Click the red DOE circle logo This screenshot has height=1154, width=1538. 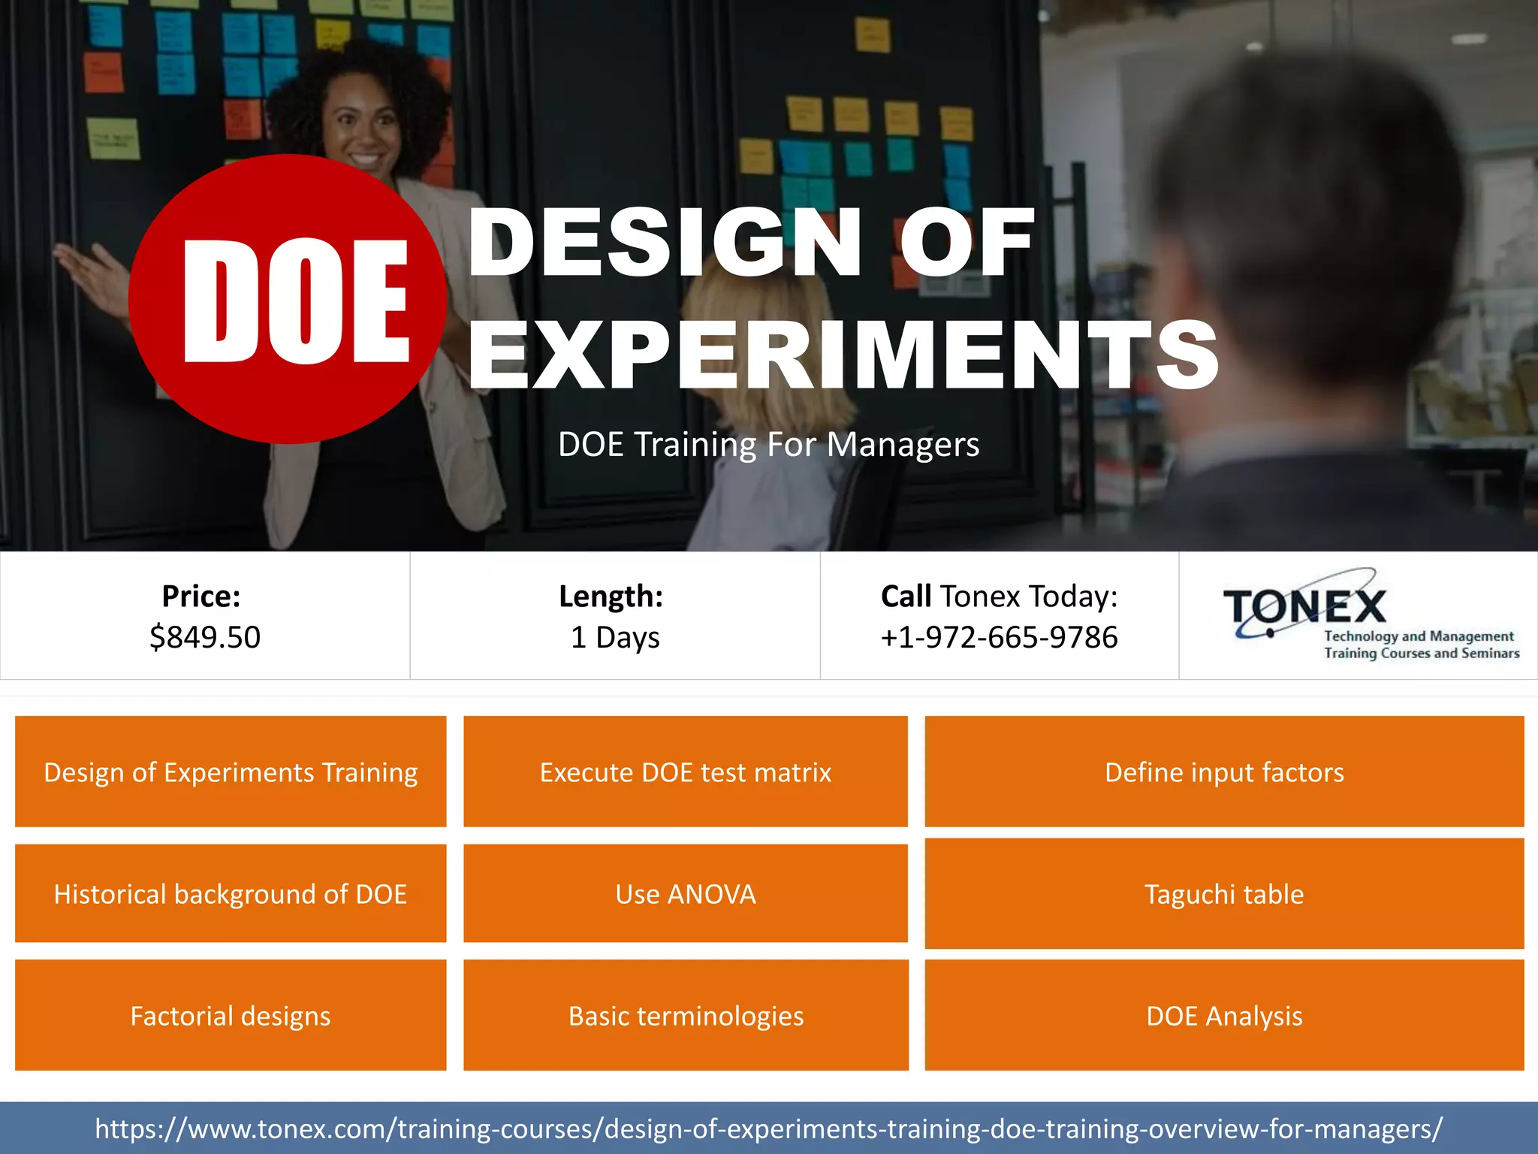(x=288, y=299)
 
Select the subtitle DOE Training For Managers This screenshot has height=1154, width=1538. (x=768, y=444)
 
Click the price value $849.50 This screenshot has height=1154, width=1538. (x=205, y=637)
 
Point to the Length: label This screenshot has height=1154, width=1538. (x=611, y=596)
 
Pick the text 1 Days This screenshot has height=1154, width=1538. (x=615, y=637)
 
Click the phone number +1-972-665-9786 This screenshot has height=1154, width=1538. (x=999, y=637)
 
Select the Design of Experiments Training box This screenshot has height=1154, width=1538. (x=231, y=772)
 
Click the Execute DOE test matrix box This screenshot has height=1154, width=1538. (x=686, y=772)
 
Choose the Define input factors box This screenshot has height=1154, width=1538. (x=1224, y=772)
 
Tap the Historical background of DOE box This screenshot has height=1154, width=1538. (x=231, y=893)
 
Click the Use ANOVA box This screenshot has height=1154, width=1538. (x=686, y=893)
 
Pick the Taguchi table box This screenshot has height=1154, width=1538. (x=1224, y=893)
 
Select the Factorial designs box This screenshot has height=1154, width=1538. (x=231, y=1015)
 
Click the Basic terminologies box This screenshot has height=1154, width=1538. (x=686, y=1015)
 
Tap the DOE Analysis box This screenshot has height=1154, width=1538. (x=1224, y=1015)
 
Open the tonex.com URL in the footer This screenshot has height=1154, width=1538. (x=768, y=1128)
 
